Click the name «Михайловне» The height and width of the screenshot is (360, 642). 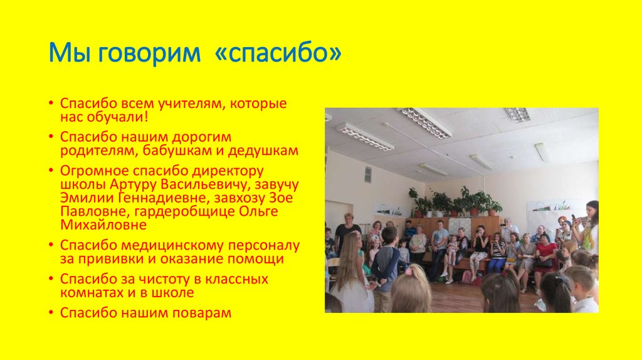pyautogui.click(x=103, y=225)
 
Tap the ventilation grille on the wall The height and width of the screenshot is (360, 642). pyautogui.click(x=367, y=174)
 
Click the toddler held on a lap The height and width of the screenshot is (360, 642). pyautogui.click(x=452, y=248)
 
